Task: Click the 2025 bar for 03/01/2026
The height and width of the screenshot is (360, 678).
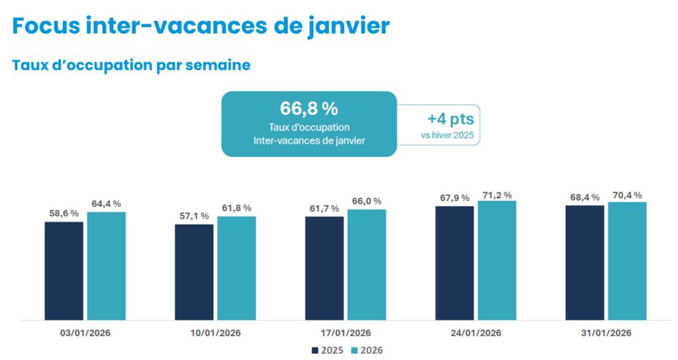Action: coord(64,271)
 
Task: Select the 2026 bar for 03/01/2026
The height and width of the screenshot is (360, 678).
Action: coord(106,266)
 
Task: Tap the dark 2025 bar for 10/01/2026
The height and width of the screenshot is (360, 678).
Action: coord(194,272)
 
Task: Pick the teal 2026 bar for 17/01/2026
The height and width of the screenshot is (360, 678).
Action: coord(366,265)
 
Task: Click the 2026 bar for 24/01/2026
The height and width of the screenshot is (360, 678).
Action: coord(497,260)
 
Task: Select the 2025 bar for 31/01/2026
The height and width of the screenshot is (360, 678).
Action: coord(585,263)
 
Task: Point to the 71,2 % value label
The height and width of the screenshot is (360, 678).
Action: coord(497,195)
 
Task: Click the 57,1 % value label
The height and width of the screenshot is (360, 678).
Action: coord(194,216)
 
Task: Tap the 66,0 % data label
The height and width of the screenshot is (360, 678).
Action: coord(366,201)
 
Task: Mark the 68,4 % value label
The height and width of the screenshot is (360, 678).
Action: coord(585,197)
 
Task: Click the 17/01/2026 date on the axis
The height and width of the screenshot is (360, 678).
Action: coord(345,333)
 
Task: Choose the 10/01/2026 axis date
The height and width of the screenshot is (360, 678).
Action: coord(215,333)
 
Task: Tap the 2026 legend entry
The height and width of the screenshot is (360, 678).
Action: coord(366,350)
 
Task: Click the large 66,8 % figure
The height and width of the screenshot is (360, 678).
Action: coord(309,109)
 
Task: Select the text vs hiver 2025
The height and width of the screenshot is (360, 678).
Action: coord(448,136)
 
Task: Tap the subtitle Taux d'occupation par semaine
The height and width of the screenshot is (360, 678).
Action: coord(131,66)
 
